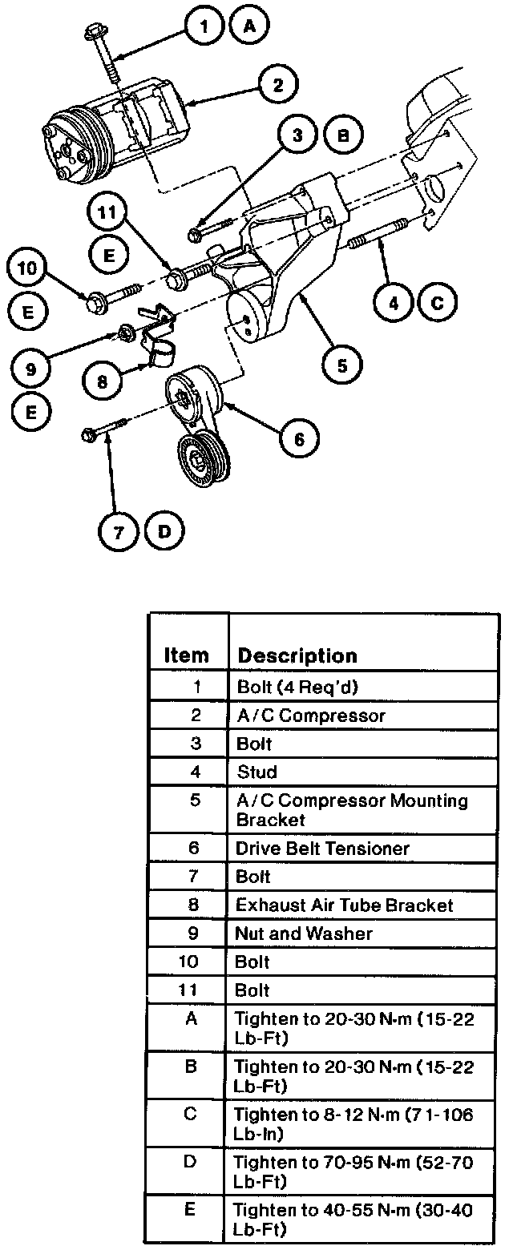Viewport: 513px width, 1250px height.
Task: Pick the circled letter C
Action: click(437, 302)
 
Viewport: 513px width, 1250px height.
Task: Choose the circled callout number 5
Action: click(341, 365)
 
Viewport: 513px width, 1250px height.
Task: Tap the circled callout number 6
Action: click(298, 438)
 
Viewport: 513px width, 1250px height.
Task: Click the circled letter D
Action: click(164, 532)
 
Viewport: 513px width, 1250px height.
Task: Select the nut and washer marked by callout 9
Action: click(125, 331)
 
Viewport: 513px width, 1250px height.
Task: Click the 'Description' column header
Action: click(297, 655)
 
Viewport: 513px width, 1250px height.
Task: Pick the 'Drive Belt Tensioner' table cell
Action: click(322, 849)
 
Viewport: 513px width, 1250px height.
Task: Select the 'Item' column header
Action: click(186, 655)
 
